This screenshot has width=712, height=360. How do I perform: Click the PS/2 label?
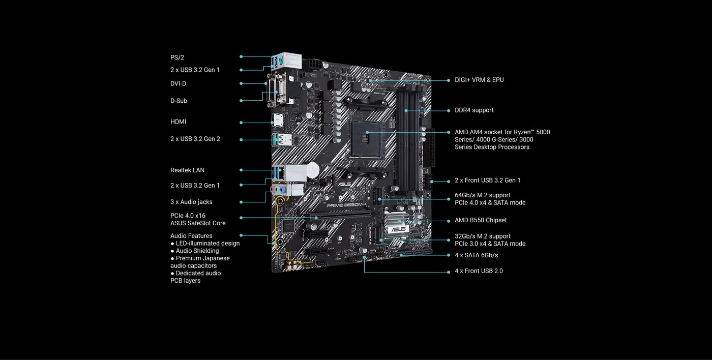point(177,57)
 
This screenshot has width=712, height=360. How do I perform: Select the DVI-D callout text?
point(178,83)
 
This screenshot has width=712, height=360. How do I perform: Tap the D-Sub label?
point(179,101)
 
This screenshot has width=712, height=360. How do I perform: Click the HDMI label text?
point(178,122)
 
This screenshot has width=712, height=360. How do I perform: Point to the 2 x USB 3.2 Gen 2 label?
point(195,139)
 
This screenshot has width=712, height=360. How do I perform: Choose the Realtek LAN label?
point(187,170)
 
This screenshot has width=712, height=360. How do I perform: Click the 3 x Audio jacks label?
point(191,202)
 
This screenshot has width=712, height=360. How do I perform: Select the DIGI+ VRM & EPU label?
point(479,80)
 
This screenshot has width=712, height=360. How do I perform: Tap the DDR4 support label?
point(474,110)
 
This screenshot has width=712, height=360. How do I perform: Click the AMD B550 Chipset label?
point(481,220)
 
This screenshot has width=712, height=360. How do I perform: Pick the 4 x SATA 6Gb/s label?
point(476,255)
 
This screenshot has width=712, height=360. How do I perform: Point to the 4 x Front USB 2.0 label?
point(479,271)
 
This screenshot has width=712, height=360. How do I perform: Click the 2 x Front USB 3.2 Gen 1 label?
point(487,181)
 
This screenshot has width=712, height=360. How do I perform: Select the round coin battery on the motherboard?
point(312,170)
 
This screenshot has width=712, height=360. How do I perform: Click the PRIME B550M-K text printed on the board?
point(347,205)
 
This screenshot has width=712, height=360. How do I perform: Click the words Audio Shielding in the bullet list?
point(197,251)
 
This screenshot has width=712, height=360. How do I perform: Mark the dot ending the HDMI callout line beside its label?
point(241,123)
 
